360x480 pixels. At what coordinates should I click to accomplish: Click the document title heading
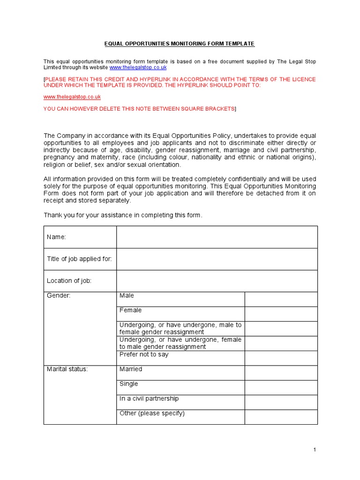180,44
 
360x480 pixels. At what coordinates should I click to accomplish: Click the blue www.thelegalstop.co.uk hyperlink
138,67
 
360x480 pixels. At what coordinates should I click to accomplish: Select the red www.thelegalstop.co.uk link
72,97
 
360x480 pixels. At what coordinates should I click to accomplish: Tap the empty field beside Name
217,237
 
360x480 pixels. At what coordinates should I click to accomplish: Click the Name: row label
56,237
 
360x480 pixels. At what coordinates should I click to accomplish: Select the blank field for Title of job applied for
217,259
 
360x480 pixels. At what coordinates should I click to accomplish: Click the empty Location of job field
217,281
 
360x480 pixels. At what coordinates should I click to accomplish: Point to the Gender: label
59,296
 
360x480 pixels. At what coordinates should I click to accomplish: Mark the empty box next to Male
281,299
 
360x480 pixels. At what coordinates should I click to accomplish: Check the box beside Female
281,314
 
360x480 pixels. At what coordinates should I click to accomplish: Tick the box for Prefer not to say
281,358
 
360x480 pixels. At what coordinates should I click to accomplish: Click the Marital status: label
67,369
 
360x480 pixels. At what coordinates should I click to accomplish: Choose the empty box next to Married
281,373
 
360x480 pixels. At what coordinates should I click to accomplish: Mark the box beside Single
281,387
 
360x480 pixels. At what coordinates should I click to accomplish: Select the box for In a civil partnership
281,402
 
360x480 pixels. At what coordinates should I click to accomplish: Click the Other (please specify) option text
152,413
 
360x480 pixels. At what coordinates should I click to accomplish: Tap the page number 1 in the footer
315,450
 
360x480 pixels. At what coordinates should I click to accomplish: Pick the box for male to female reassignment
281,329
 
